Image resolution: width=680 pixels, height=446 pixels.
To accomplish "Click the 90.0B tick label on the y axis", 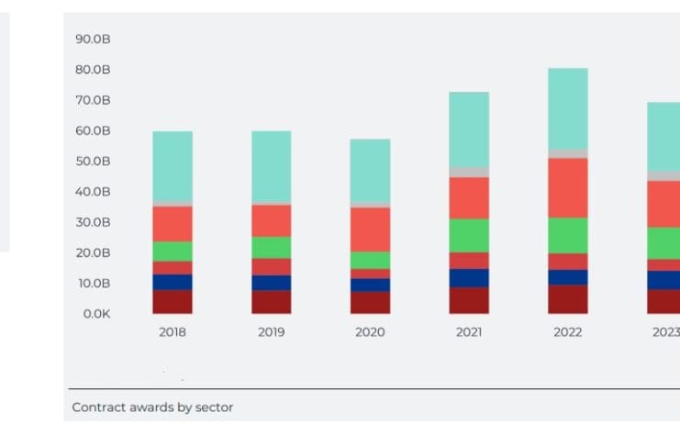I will click(93, 39).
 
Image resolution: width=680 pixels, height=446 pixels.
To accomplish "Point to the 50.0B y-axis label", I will click(93, 161).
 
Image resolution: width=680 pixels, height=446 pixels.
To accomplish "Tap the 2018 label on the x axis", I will click(173, 332).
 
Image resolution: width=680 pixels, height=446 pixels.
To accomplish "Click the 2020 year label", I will click(370, 332).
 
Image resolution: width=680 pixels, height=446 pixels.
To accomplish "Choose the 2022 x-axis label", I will click(567, 332).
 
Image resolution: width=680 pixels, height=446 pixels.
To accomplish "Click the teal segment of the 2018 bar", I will click(173, 166).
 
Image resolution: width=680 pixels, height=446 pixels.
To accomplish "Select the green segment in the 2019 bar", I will click(271, 248).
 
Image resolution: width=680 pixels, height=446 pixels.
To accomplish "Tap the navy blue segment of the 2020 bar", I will click(370, 284).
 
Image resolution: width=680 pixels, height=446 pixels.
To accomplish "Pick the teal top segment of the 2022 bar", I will click(567, 108).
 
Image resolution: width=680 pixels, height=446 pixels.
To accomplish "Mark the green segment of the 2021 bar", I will click(469, 235).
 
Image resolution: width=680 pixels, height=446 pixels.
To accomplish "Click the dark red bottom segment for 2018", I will click(173, 302).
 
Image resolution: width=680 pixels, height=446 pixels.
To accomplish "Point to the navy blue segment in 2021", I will click(469, 278).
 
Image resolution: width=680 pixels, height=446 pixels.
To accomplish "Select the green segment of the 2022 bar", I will click(567, 235).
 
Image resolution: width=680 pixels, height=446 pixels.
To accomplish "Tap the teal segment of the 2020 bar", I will click(370, 171).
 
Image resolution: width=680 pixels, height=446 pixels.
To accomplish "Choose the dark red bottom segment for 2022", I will click(567, 299).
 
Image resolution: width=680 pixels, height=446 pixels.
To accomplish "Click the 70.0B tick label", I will click(93, 99).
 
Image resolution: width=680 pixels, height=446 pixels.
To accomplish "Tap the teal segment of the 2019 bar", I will click(271, 166).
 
